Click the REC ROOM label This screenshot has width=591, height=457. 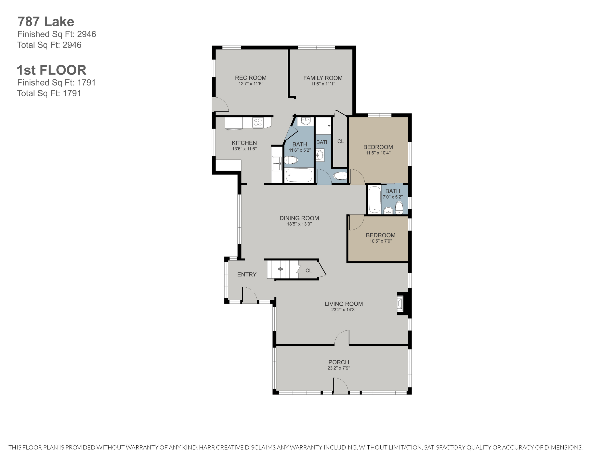point(251,78)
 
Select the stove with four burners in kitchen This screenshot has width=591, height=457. point(258,122)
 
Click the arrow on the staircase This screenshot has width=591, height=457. point(280,269)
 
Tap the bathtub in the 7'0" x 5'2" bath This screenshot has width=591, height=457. point(375,199)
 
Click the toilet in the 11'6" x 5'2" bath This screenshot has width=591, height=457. point(291,160)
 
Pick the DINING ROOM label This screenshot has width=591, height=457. point(299,218)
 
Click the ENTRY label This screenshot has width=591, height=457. point(246,274)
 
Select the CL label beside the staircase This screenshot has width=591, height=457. point(309,270)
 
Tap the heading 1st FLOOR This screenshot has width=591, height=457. point(52,70)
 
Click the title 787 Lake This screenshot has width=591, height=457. point(46,22)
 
